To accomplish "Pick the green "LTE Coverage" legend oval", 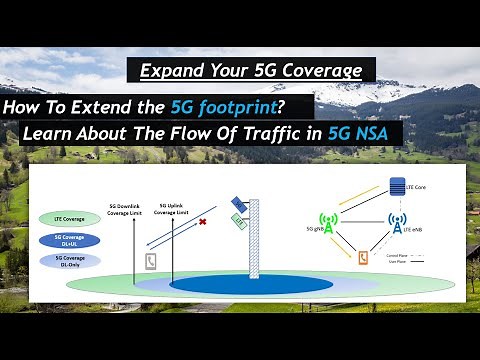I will pyautogui.click(x=62, y=219).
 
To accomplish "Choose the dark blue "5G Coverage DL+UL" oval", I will pyautogui.click(x=62, y=241).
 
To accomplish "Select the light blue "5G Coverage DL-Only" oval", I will pyautogui.click(x=62, y=261).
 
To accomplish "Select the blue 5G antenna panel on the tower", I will pyautogui.click(x=238, y=204).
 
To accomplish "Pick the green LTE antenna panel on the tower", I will pyautogui.click(x=240, y=223).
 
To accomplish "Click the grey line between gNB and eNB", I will pyautogui.click(x=362, y=226).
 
